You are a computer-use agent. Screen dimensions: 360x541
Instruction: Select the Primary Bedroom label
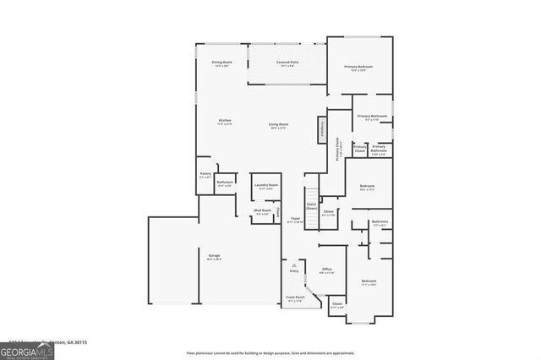358,68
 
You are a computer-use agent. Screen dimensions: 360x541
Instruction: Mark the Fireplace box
322,131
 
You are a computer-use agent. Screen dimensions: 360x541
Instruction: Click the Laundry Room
267,187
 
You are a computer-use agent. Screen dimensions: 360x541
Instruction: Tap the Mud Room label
263,212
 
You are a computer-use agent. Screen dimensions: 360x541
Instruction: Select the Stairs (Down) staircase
311,204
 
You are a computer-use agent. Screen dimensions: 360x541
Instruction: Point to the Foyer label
296,220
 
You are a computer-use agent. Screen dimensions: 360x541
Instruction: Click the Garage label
215,257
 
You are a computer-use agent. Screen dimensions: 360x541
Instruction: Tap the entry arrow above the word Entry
295,265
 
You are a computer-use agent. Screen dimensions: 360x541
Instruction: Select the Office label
327,271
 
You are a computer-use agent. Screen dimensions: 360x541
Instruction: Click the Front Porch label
294,298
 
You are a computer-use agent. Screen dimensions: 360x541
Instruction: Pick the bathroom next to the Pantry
225,183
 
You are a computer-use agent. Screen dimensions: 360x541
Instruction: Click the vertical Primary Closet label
338,151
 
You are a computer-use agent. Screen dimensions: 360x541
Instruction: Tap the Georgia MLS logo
27,351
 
